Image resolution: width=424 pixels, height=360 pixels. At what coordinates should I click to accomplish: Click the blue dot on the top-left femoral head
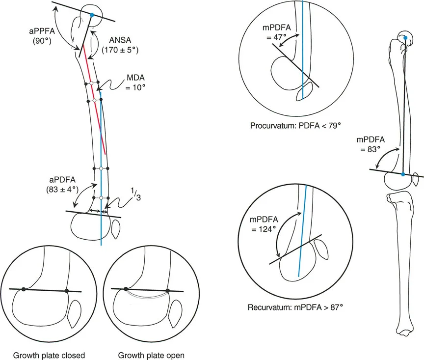click(92, 16)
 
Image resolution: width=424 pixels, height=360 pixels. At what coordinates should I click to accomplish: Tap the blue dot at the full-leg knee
click(403, 174)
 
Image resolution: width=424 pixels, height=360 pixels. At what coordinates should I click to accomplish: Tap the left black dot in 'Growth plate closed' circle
click(24, 290)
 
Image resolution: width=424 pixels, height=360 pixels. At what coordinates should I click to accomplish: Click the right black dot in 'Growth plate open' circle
click(168, 291)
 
